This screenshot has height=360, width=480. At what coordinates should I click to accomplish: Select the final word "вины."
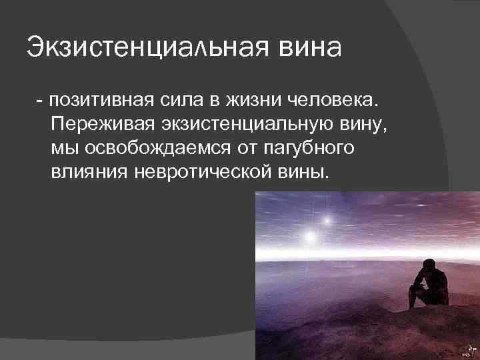click(305, 170)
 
